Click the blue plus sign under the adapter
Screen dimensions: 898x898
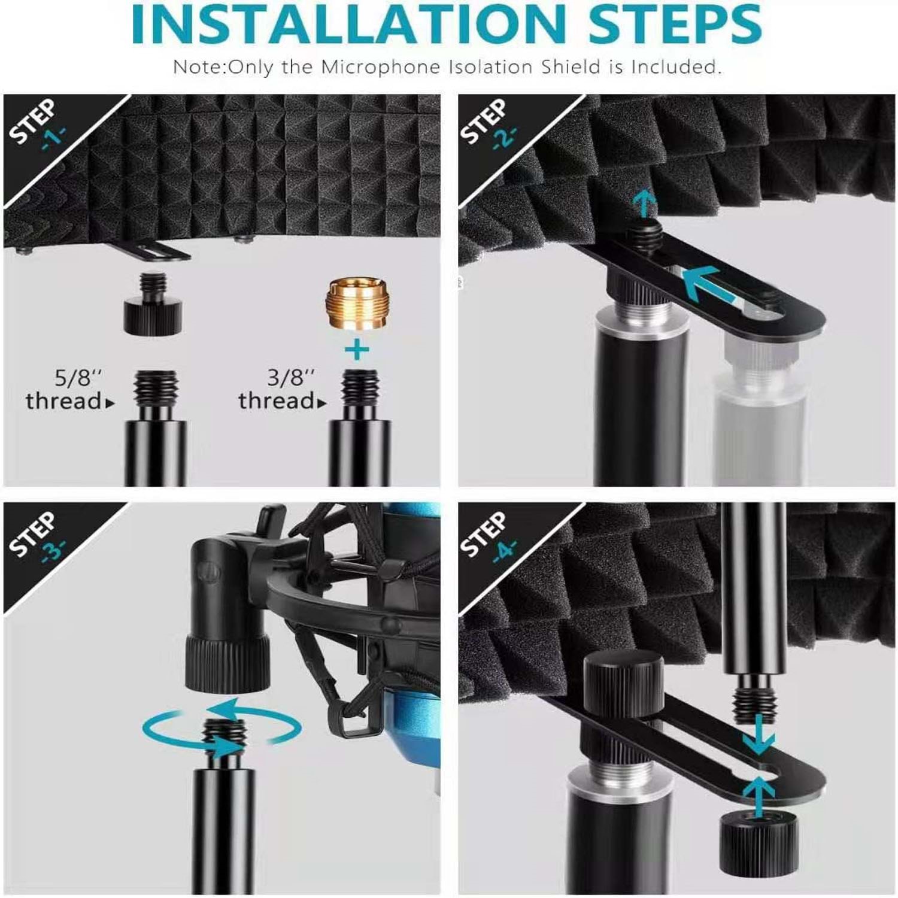357,350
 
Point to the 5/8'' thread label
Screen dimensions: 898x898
69,389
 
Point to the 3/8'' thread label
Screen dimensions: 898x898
282,389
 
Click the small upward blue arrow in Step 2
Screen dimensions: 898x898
645,204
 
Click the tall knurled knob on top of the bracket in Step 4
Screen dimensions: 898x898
623,688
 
